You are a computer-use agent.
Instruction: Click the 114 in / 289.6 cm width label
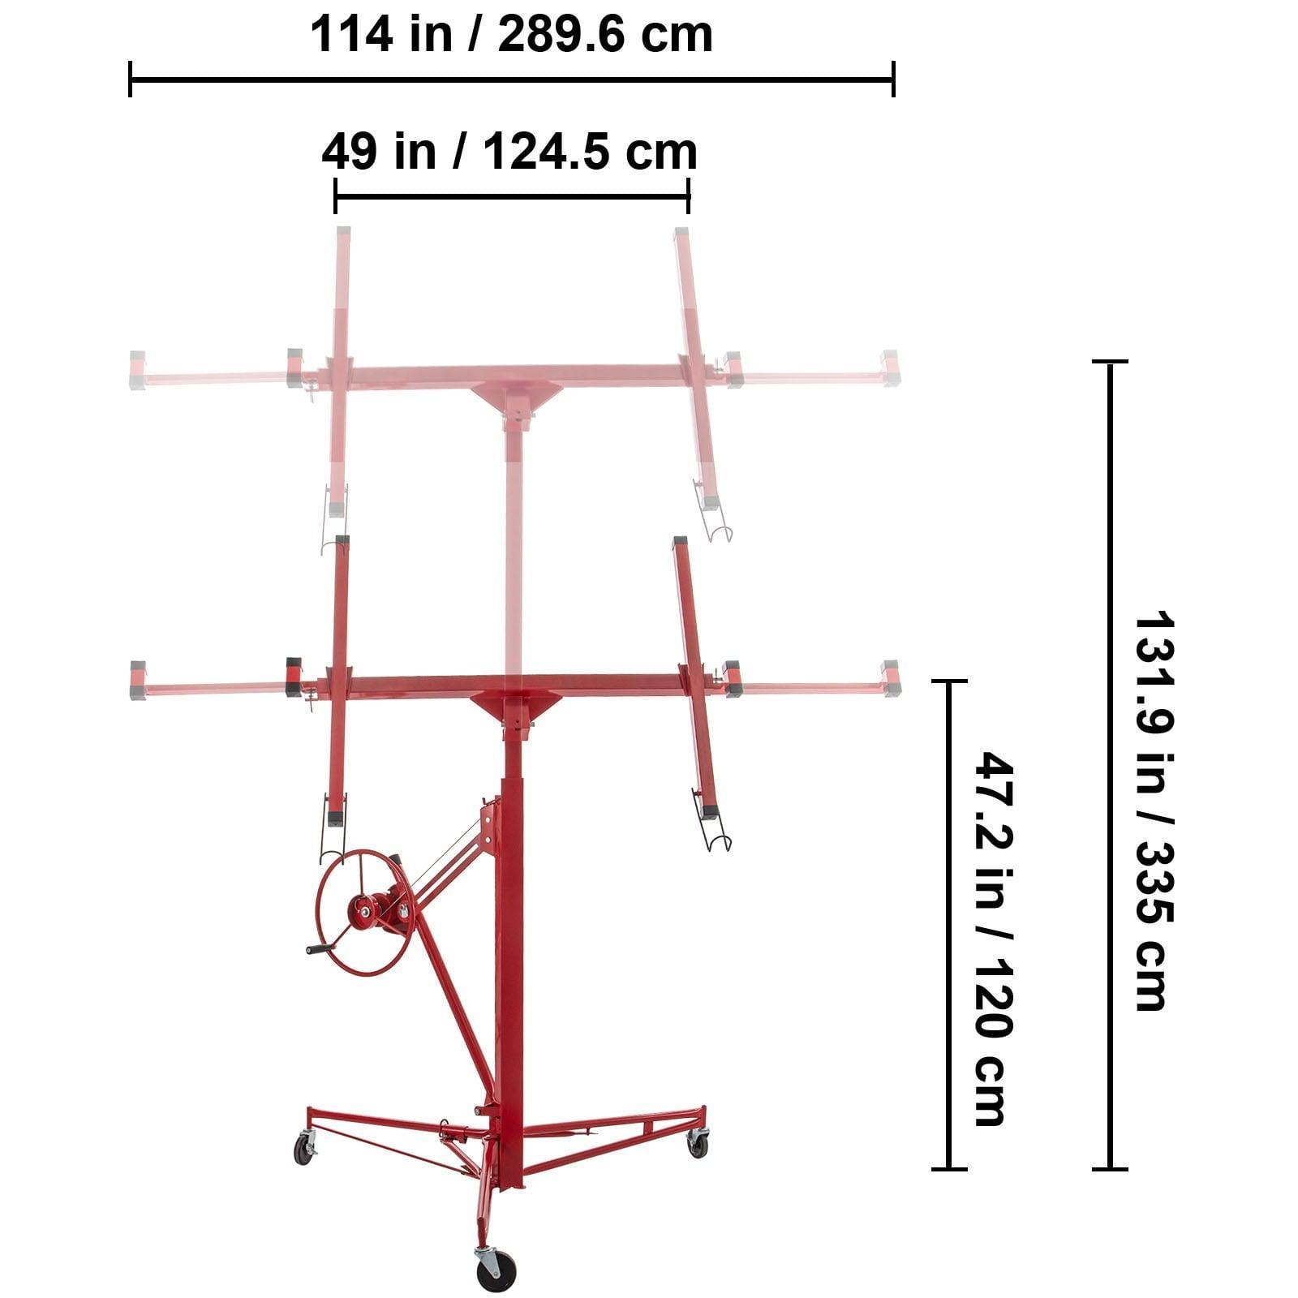[511, 35]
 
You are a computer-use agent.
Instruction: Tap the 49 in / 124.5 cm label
[509, 152]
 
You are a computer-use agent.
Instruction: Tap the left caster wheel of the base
[303, 1150]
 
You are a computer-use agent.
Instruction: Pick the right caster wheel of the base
[698, 1145]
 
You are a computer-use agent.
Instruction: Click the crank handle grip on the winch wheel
[320, 949]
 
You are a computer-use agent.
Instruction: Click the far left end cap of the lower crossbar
[138, 680]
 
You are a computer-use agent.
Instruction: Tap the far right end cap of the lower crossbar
[892, 678]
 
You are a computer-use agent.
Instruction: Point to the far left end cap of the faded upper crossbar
[137, 370]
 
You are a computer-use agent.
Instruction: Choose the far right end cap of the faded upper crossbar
[891, 368]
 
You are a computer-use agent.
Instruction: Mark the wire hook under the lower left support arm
[331, 844]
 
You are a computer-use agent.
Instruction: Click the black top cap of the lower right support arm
[680, 540]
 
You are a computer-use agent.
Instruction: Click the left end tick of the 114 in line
[131, 80]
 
